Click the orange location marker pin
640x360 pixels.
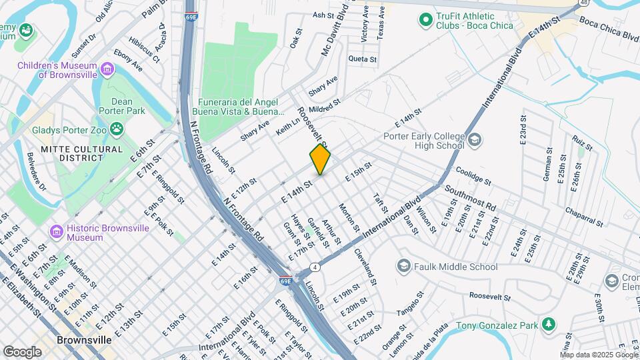pyautogui.click(x=320, y=159)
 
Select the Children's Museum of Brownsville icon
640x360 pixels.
pyautogui.click(x=107, y=69)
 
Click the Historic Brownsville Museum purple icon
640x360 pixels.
pyautogui.click(x=57, y=231)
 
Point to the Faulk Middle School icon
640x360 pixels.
pyautogui.click(x=403, y=267)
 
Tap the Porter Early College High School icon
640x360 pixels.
pyautogui.click(x=474, y=140)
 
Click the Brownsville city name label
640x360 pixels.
pyautogui.click(x=83, y=340)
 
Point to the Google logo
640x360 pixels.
pyautogui.click(x=22, y=352)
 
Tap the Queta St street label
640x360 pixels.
pyautogui.click(x=363, y=59)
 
